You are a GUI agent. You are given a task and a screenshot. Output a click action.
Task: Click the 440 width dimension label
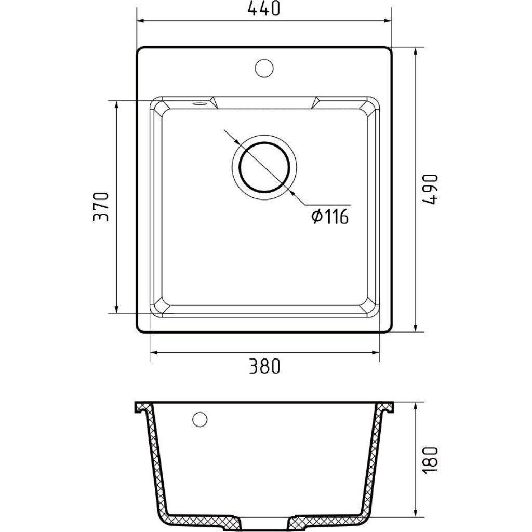(x=264, y=8)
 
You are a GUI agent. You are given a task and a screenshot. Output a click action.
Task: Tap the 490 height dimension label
(x=431, y=189)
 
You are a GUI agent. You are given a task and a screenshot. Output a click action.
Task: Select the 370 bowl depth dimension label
(x=101, y=207)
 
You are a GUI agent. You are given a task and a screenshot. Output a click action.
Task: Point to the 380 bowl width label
(x=264, y=366)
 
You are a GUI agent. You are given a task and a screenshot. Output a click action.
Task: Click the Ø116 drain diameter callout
(x=330, y=217)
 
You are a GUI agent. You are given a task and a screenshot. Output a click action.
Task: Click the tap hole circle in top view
(x=264, y=68)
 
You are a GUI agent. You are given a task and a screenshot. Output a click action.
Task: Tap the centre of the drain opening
(x=264, y=167)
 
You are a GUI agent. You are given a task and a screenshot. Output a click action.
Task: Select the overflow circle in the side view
(x=199, y=419)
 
